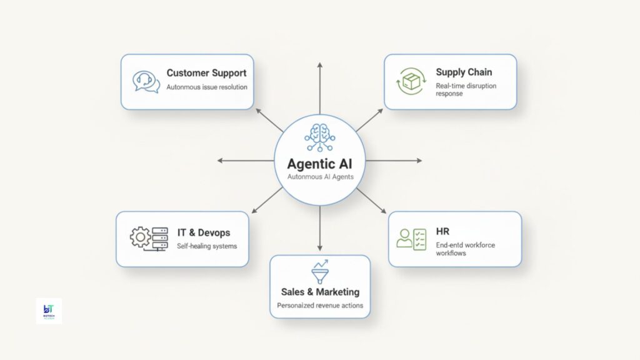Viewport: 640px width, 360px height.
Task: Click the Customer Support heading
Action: pos(206,73)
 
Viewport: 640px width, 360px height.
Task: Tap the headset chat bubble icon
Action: pos(146,81)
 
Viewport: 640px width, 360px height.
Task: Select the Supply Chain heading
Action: pos(463,72)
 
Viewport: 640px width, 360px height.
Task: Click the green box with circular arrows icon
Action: pos(410,82)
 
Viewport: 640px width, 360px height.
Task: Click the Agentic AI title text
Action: pos(319,164)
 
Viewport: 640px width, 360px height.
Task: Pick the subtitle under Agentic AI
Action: pos(319,177)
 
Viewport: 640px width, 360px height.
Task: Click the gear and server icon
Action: pos(149,238)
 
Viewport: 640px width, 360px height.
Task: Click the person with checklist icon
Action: pos(411,238)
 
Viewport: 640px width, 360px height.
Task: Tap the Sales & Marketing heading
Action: pos(320,292)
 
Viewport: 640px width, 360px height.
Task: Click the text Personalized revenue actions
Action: pos(320,306)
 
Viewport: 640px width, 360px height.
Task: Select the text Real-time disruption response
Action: pos(466,89)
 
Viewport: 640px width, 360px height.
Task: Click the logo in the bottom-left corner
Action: pos(49,311)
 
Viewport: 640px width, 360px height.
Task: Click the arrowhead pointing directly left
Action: pos(221,161)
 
